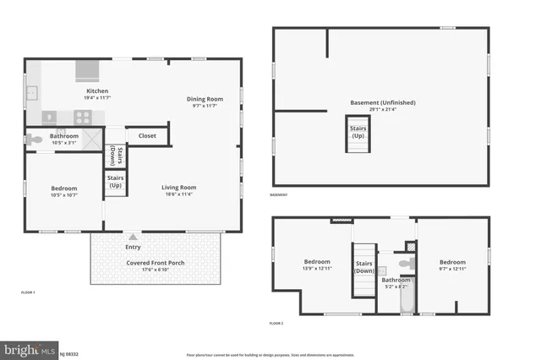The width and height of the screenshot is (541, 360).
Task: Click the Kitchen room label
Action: pyautogui.click(x=97, y=91)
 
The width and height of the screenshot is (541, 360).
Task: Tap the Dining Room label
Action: pyautogui.click(x=205, y=99)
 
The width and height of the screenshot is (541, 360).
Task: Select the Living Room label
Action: pyautogui.click(x=179, y=188)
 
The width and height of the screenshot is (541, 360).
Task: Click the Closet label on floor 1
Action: pyautogui.click(x=147, y=135)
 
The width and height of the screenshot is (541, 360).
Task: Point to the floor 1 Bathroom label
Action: pyautogui.click(x=64, y=136)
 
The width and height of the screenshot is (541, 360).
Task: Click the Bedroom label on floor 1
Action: pyautogui.click(x=63, y=188)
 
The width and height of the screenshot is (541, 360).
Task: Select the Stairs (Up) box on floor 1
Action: pyautogui.click(x=115, y=181)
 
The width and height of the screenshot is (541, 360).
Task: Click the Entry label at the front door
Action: pyautogui.click(x=133, y=247)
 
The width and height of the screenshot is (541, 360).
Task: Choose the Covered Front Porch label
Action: pyautogui.click(x=156, y=263)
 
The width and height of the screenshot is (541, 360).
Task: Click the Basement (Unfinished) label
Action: pyautogui.click(x=383, y=103)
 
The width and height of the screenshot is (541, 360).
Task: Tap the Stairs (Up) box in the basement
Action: pyautogui.click(x=358, y=133)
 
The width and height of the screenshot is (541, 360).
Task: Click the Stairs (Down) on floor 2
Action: pyautogui.click(x=364, y=267)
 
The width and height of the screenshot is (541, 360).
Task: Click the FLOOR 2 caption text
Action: pyautogui.click(x=276, y=324)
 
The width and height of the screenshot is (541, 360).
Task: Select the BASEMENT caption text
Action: pyautogui.click(x=279, y=194)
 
